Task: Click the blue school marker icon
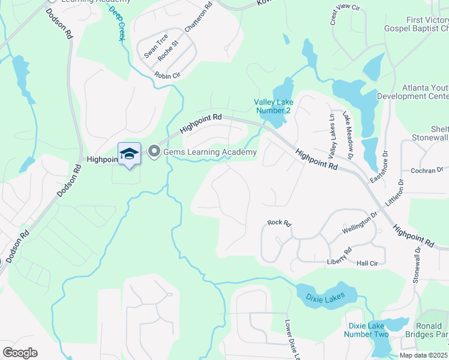129,154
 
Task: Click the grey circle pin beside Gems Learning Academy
154,152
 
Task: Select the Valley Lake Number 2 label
273,106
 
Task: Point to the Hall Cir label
367,263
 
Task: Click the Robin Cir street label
167,76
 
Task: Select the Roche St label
168,51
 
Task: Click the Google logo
20,353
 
